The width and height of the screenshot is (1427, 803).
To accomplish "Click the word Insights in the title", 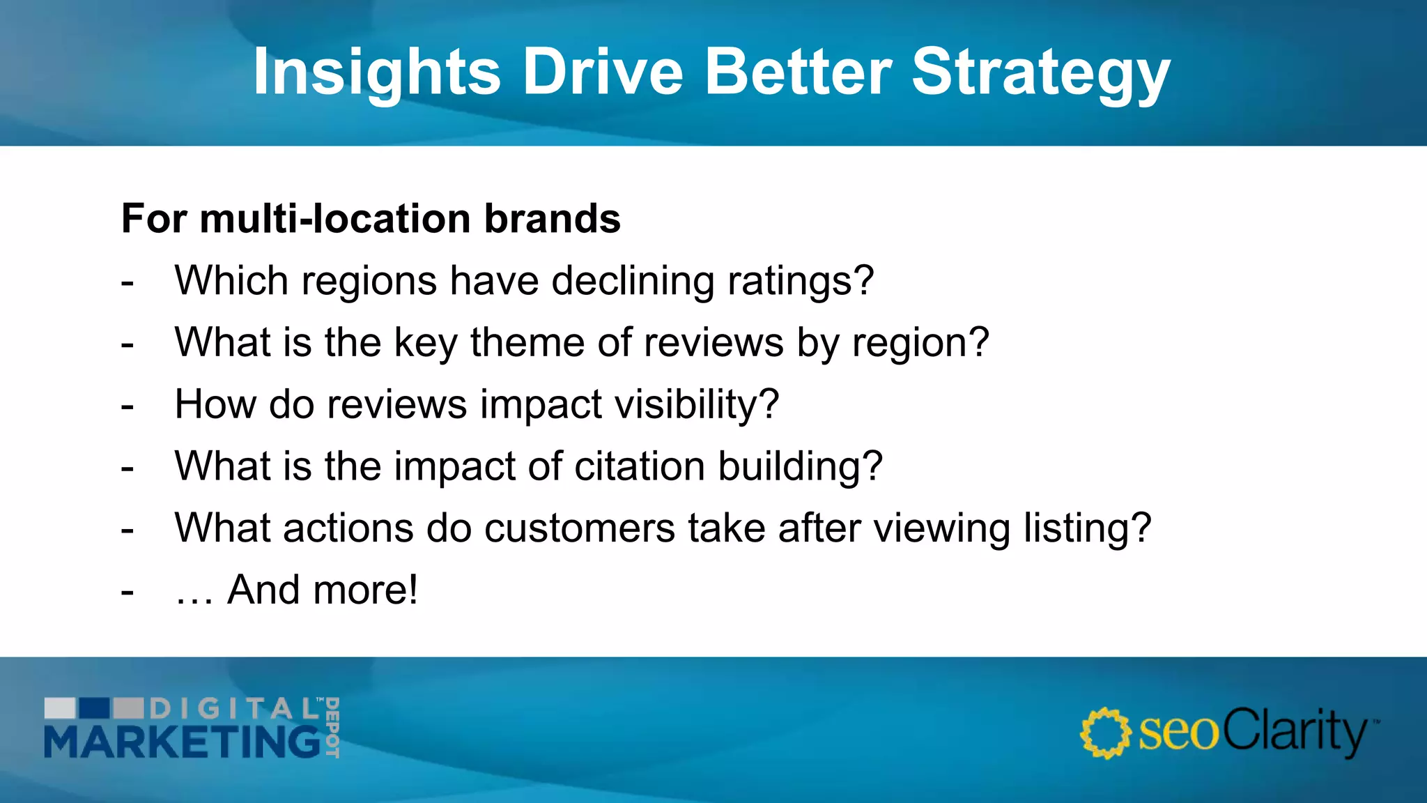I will click(x=376, y=72).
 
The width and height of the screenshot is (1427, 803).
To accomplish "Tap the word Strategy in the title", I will click(x=1041, y=72).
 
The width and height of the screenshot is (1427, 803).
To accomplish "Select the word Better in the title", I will click(x=798, y=72).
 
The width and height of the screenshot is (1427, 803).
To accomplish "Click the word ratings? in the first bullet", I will click(x=801, y=282).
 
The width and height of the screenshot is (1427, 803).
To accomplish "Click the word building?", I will click(x=800, y=466).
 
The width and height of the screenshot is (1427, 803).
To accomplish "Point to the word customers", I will click(x=579, y=528).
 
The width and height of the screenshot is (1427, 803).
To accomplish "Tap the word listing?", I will click(x=1087, y=528).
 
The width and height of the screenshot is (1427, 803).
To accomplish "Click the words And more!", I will click(x=323, y=590).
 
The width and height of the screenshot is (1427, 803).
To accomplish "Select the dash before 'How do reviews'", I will click(x=127, y=406).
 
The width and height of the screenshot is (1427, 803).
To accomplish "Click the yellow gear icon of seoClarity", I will click(x=1105, y=733).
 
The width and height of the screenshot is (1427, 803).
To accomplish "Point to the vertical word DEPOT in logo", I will click(x=332, y=727).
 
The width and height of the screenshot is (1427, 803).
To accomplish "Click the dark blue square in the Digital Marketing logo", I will click(x=93, y=708).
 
